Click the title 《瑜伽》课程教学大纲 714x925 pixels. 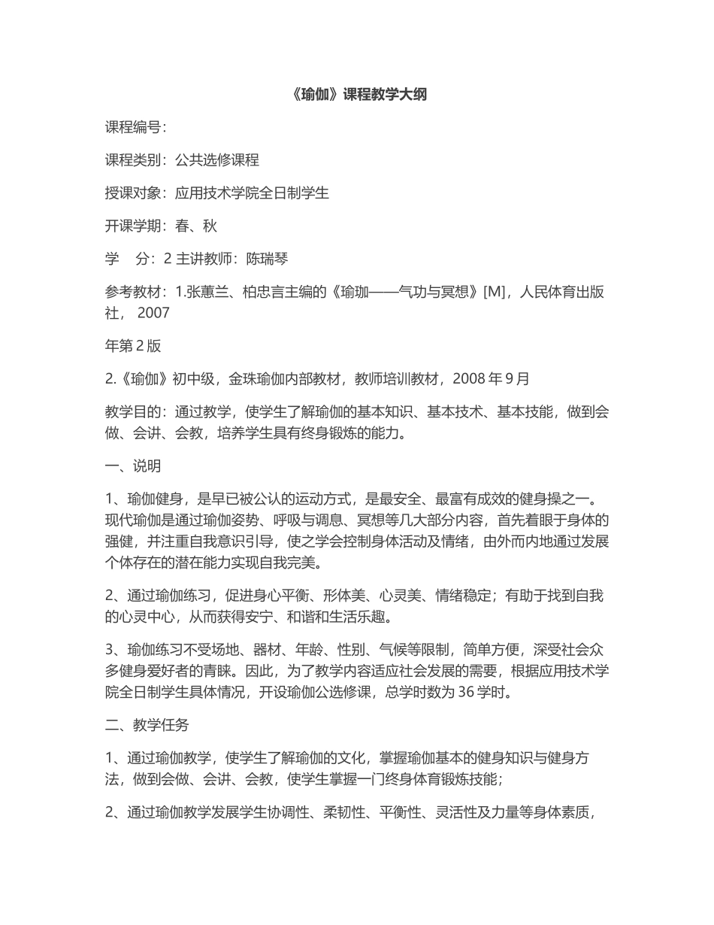pos(357,95)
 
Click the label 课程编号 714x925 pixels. pos(133,127)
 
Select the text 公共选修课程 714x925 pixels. pos(217,159)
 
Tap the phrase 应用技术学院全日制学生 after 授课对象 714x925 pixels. pos(252,193)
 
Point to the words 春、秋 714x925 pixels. pos(196,226)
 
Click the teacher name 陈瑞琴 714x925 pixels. pos(268,259)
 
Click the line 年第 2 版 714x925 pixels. pos(133,346)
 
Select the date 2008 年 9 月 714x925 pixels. pos(491,378)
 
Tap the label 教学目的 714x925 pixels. pos(133,411)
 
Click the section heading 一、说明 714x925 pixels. pos(133,466)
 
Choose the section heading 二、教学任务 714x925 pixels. pos(147,725)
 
